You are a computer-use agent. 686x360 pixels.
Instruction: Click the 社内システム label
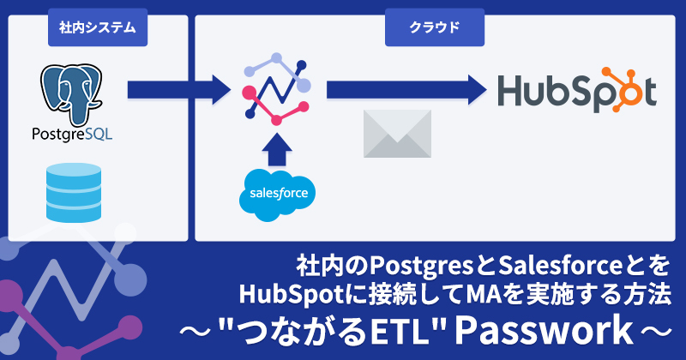[98, 27]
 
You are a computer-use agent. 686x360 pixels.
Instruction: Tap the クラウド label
[435, 27]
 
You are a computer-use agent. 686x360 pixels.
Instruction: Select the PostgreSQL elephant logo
[71, 95]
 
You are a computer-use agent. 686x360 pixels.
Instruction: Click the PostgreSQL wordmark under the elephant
[72, 134]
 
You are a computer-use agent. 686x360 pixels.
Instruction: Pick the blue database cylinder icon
[74, 193]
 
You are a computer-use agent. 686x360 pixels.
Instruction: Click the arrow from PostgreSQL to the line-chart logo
[179, 90]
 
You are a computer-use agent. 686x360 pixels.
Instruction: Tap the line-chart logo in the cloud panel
[276, 89]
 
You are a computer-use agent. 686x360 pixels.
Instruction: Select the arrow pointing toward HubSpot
[406, 90]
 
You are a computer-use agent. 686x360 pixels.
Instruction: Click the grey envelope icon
[397, 134]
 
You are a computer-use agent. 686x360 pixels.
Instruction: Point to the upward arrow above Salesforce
[276, 149]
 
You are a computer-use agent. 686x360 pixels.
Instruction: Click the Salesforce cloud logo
[277, 195]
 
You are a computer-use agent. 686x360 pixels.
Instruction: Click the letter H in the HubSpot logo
[511, 91]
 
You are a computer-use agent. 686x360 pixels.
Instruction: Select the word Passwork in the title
[544, 331]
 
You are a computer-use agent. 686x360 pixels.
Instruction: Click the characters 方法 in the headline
[649, 294]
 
